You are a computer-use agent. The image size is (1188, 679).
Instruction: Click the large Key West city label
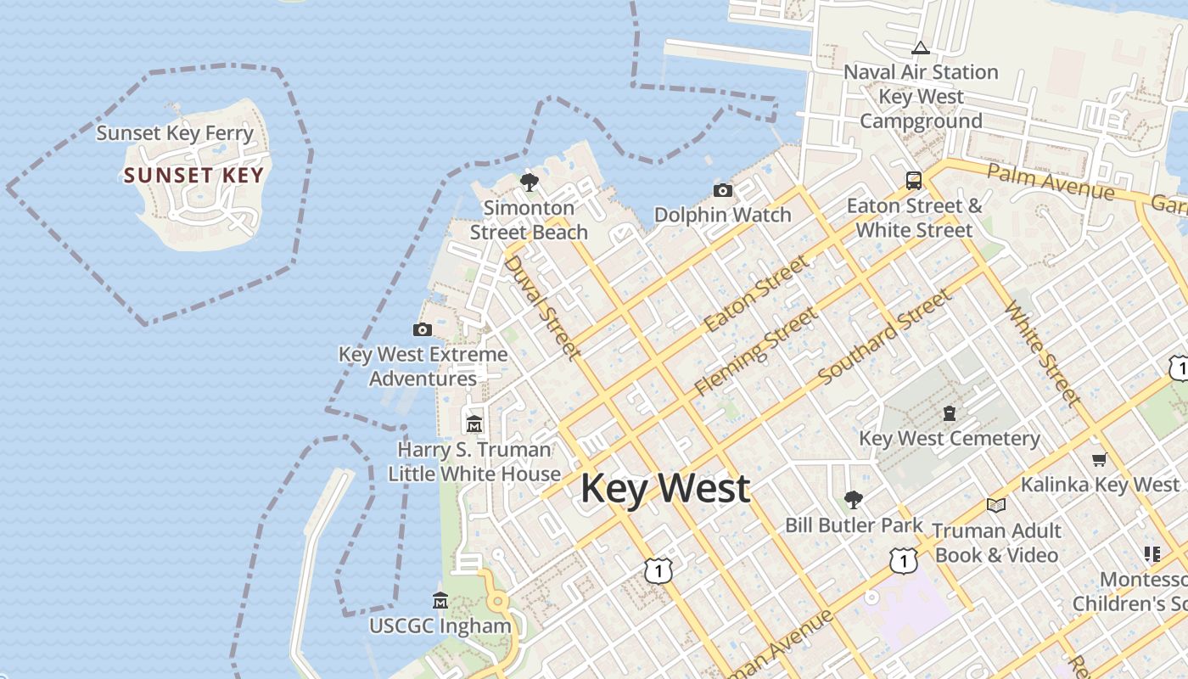(x=665, y=489)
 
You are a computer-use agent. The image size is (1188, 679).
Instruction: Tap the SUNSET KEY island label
(x=194, y=176)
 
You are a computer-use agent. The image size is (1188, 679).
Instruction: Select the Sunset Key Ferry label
(x=175, y=133)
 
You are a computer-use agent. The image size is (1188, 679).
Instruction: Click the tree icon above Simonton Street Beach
(x=530, y=182)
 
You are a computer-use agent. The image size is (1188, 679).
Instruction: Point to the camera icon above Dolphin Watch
(x=723, y=190)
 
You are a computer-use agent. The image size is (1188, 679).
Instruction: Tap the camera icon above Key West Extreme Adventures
(x=422, y=329)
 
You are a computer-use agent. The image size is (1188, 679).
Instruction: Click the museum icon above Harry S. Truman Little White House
(x=474, y=424)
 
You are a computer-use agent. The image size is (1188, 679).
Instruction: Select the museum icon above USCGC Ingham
(x=440, y=601)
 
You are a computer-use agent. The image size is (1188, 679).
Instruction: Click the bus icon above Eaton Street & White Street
(x=914, y=180)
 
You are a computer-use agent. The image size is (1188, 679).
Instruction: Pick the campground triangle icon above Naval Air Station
(x=921, y=48)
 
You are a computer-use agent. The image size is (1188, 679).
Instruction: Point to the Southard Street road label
(x=885, y=335)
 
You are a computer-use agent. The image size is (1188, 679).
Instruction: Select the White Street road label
(x=1042, y=353)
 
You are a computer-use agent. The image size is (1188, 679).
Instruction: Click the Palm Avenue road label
(x=1051, y=182)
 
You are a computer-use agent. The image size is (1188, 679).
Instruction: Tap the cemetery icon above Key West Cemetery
(x=950, y=413)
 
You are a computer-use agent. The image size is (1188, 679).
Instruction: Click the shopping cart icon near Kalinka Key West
(x=1100, y=459)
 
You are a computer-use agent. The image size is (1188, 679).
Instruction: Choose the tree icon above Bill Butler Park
(x=854, y=500)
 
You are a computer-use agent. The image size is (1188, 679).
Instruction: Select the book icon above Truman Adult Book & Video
(x=996, y=505)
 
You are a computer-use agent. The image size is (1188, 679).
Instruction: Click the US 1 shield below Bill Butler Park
(x=904, y=560)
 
